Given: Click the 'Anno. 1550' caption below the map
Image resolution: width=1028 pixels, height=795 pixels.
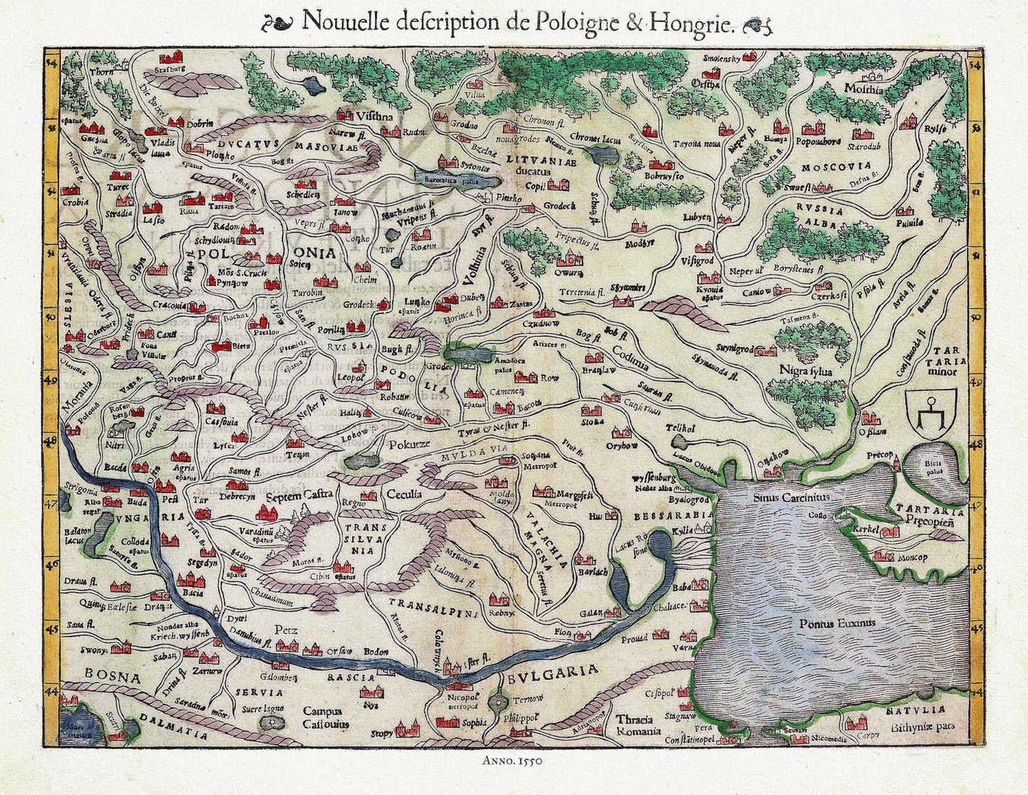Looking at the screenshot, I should [513, 760].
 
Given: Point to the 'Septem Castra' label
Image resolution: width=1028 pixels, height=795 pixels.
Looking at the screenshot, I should [299, 495].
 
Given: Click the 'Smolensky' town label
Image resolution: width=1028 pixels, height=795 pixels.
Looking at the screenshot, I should [722, 57].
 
